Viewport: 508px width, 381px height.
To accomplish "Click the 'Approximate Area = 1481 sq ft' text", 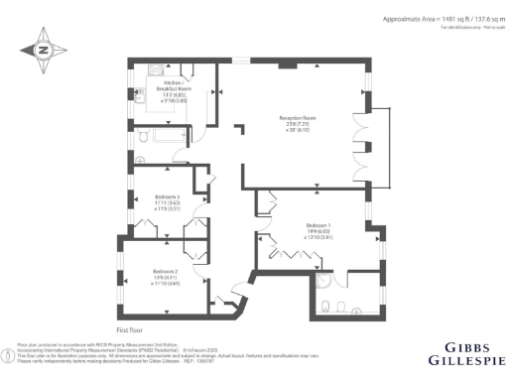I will coord(428,19).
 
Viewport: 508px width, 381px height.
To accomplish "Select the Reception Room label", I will coord(297,123).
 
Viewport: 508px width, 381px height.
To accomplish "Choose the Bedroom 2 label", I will coord(165,276).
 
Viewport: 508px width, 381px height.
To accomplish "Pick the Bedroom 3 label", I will coord(167,202).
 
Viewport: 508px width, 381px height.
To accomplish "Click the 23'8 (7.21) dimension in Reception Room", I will coord(297,130).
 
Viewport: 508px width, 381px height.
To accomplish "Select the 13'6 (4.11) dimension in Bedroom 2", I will coord(165,283).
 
